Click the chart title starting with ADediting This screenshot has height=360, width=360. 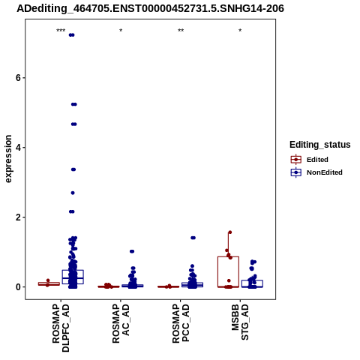coord(150,8)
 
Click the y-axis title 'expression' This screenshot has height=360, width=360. coord(8,159)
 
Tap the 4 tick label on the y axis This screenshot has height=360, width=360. coord(18,148)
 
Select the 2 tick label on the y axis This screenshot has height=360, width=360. coord(18,217)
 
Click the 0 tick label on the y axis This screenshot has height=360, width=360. coord(18,287)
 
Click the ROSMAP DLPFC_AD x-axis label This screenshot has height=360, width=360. coord(61,328)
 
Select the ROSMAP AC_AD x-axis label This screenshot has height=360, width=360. coord(121,323)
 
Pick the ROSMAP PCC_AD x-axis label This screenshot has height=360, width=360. coord(181,323)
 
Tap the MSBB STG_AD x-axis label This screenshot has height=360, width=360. coord(240,322)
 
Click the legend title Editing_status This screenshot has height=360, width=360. coord(320,145)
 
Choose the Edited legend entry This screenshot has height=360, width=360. coord(309,160)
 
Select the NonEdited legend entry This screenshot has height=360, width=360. coord(316,172)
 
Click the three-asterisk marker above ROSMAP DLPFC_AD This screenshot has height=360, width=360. coord(61,31)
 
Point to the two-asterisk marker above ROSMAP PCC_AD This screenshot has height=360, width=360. coord(181,31)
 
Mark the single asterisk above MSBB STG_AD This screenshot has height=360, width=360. coord(240,31)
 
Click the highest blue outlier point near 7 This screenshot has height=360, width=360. coord(72,35)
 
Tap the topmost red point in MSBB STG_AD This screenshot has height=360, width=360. coord(229,232)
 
